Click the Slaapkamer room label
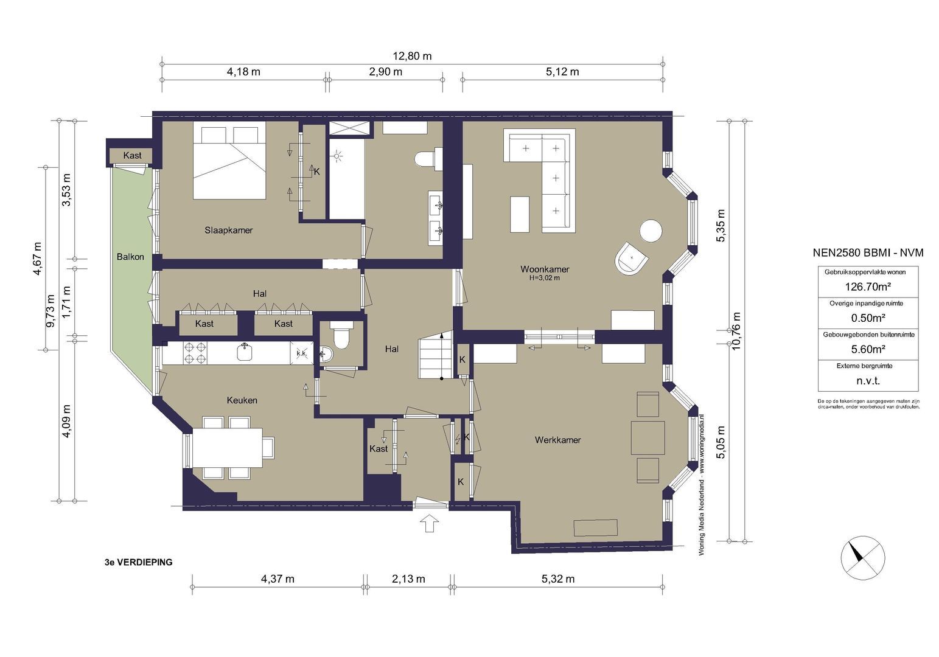[x=228, y=230]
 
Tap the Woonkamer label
[x=545, y=269]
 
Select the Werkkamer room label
[x=557, y=440]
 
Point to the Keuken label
[x=242, y=400]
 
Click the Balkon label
[x=130, y=257]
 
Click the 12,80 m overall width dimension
[x=412, y=56]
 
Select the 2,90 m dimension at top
[x=385, y=72]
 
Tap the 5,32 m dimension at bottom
[x=557, y=579]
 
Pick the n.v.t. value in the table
[x=868, y=381]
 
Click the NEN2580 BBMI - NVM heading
[x=868, y=252]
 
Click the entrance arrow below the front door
[x=430, y=523]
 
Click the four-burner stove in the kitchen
[x=194, y=353]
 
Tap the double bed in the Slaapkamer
[x=229, y=161]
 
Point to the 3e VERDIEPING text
[x=138, y=563]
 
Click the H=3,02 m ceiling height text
[x=545, y=278]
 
